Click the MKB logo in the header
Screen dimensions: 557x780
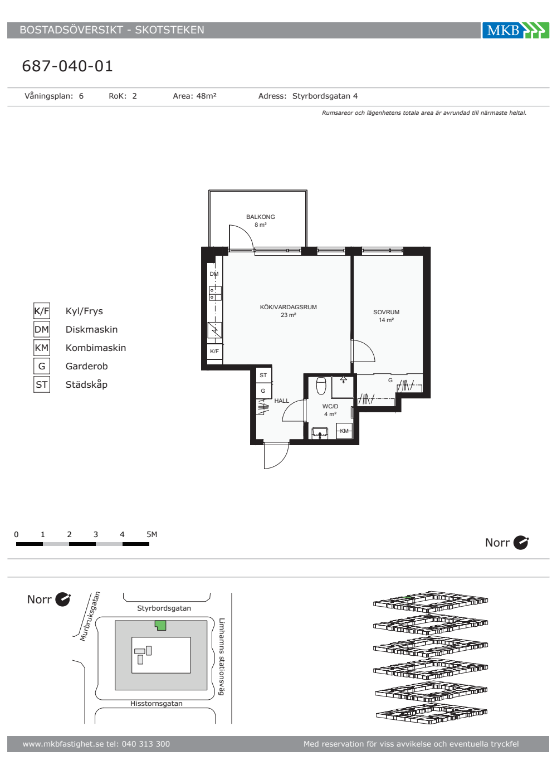pos(516,30)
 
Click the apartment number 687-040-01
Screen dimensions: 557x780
pos(67,66)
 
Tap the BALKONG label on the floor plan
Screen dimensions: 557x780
pos(261,217)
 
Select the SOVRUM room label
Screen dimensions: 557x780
pos(386,313)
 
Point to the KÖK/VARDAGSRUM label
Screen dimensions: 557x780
pos(289,307)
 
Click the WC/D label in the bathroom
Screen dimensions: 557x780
pos(330,406)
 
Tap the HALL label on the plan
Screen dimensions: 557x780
pos(282,401)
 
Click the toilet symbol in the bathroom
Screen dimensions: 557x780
pos(321,386)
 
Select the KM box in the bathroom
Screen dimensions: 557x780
pos(344,431)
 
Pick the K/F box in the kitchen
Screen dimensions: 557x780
pos(214,352)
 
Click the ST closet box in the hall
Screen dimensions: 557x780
pos(263,375)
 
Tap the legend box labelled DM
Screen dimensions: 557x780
pos(42,329)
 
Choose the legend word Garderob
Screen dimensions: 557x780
pos(87,367)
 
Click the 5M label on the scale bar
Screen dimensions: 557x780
pos(152,534)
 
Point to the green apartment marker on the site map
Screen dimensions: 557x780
pos(160,626)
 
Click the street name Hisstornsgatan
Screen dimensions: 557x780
pos(157,703)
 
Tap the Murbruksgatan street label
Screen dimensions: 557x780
pos(90,616)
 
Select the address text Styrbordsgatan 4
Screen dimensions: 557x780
pos(325,96)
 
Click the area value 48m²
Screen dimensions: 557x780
pos(207,96)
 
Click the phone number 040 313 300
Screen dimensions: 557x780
pos(146,744)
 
